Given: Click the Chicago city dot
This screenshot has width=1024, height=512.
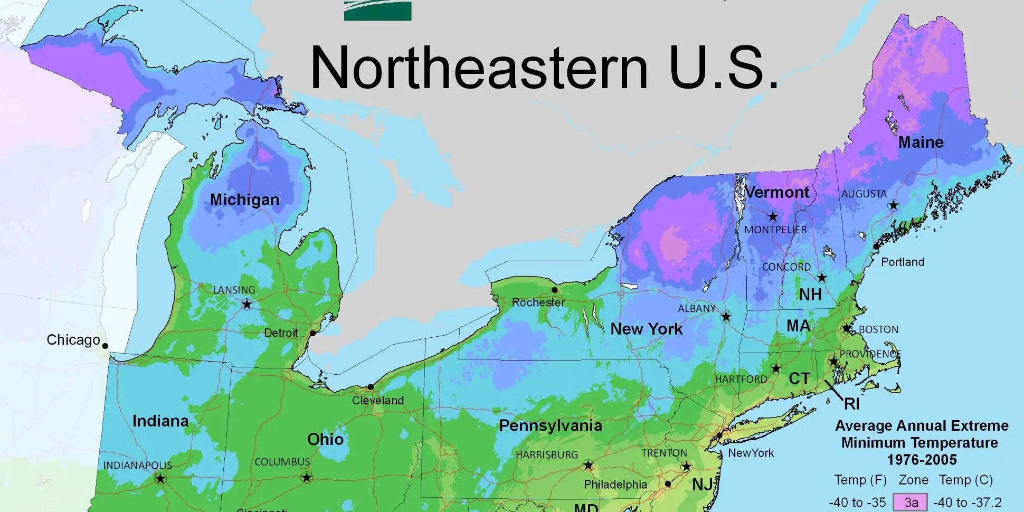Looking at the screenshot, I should point(105,346).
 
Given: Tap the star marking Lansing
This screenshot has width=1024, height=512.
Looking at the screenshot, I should point(247,304).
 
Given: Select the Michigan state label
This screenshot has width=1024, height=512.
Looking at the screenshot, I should point(244,200).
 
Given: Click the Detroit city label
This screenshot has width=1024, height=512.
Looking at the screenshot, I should point(281,333).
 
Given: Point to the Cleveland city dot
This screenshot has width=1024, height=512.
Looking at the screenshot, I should point(371,387).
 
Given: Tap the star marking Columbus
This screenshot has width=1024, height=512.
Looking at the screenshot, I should point(306,478).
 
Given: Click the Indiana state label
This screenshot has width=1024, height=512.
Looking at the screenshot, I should point(160,421).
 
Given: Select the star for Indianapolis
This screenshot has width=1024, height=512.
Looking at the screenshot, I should point(160,479).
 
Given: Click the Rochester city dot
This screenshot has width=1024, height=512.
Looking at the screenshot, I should point(554,290).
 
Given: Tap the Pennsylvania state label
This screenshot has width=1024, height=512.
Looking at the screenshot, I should point(550,425).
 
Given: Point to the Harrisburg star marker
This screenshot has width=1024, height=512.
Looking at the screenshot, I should point(588,465).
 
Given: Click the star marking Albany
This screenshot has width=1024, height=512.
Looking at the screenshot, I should point(726,316).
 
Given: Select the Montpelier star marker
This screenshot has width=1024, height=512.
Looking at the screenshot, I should point(773,216).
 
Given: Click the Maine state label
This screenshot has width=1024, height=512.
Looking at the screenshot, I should point(921,142).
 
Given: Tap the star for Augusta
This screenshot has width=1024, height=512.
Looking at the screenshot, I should point(893,205).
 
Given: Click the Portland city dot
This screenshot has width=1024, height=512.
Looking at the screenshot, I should point(876,246).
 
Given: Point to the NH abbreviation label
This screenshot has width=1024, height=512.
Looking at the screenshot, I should point(810,294).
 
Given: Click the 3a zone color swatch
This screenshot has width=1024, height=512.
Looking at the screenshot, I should point(910,502).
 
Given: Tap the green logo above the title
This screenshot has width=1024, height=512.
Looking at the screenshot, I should point(377,11).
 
